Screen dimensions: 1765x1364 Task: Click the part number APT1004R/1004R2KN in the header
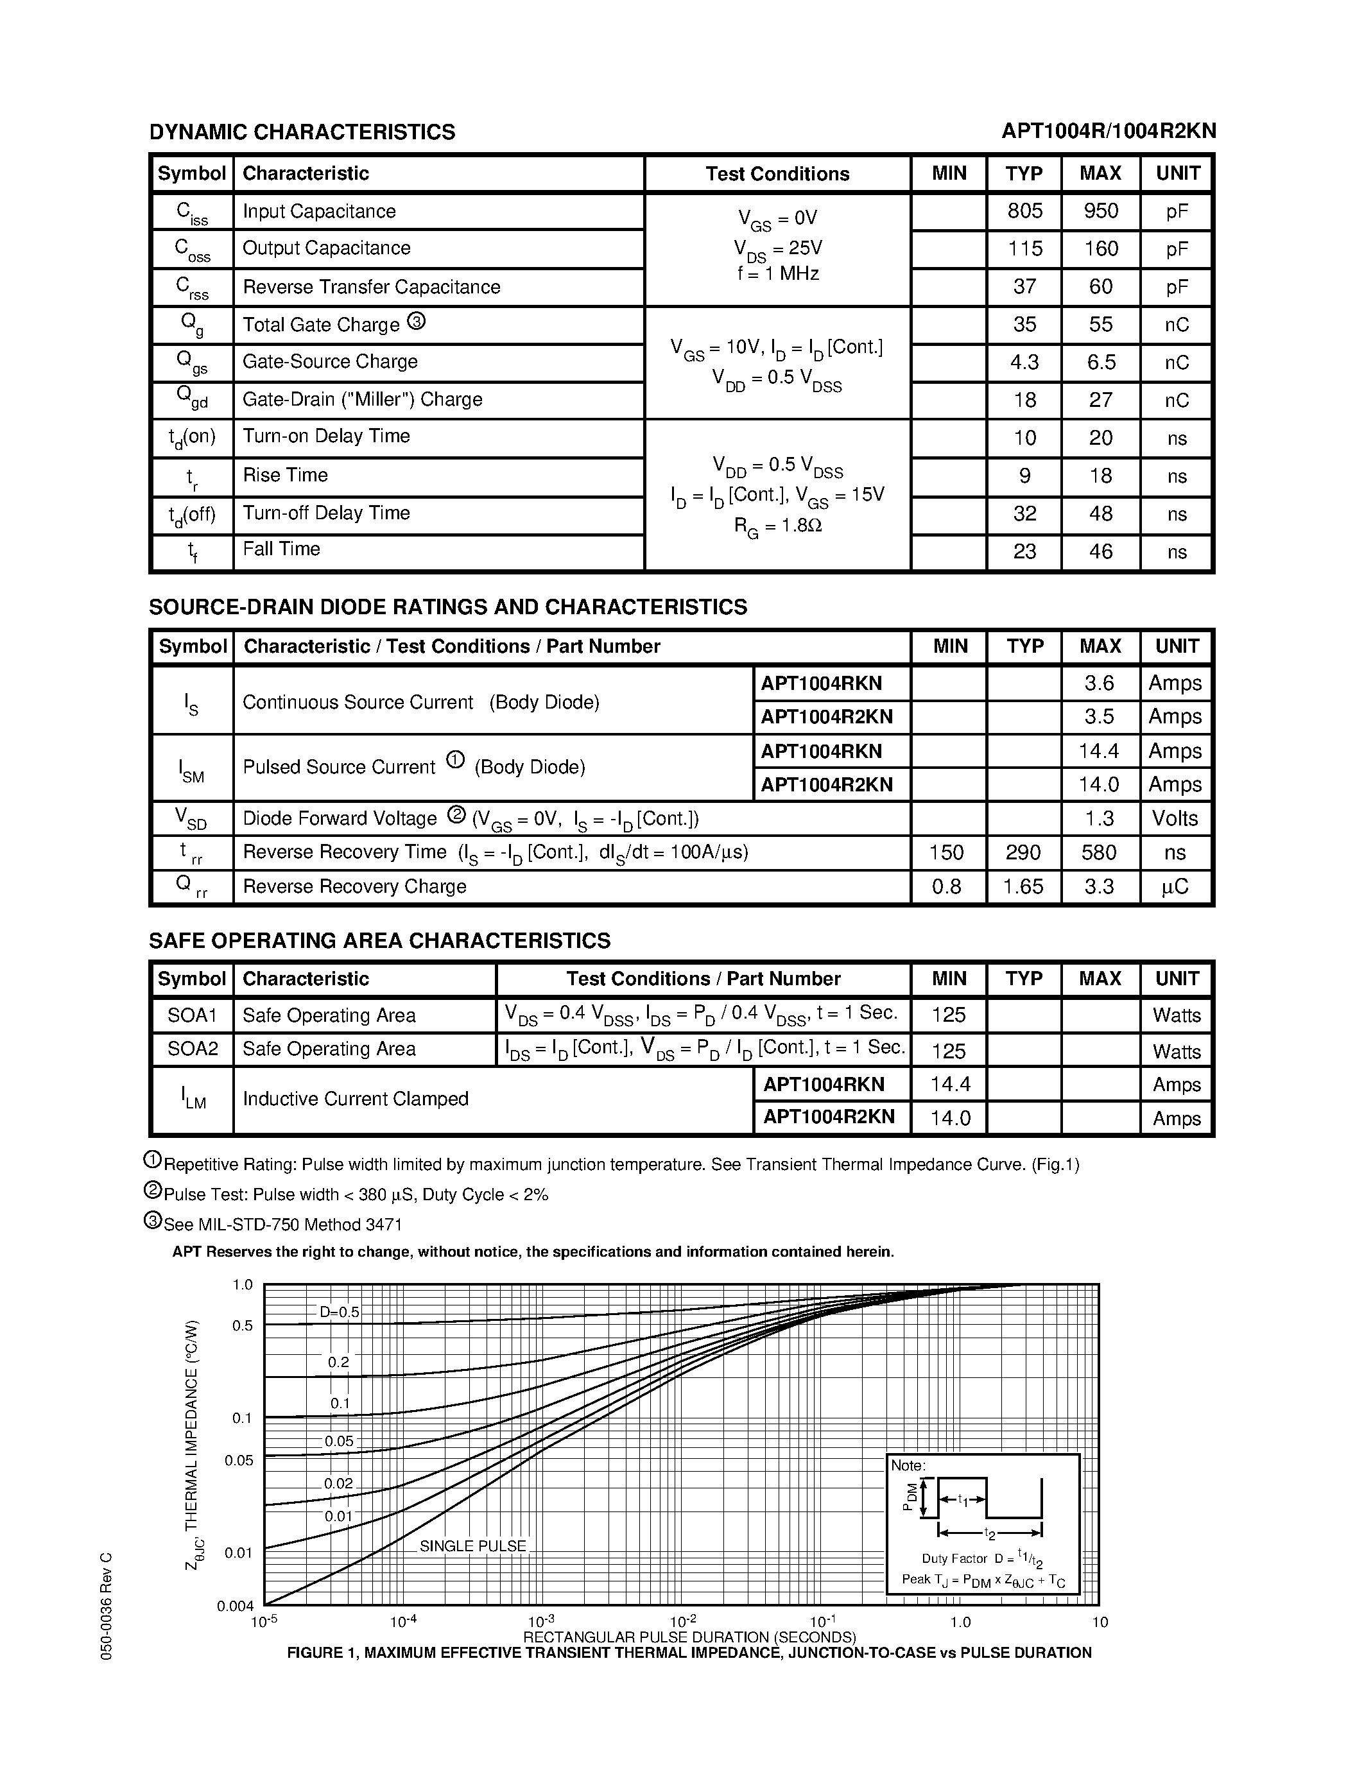pyautogui.click(x=1108, y=132)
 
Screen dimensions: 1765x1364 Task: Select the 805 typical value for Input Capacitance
pyautogui.click(x=1024, y=211)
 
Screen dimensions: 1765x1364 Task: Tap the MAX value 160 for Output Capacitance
pyautogui.click(x=1101, y=249)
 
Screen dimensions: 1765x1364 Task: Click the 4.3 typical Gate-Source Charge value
pyautogui.click(x=1024, y=362)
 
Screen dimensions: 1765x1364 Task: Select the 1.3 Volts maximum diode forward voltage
pyautogui.click(x=1099, y=819)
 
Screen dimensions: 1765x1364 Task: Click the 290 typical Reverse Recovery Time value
pyautogui.click(x=1024, y=852)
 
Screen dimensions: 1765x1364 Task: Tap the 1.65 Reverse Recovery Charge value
pyautogui.click(x=1024, y=886)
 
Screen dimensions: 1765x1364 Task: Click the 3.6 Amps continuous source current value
pyautogui.click(x=1099, y=684)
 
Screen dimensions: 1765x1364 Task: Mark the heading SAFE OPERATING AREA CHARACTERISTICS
pyautogui.click(x=380, y=941)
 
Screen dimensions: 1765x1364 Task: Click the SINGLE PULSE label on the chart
pyautogui.click(x=472, y=1546)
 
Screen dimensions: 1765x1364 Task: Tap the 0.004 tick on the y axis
pyautogui.click(x=235, y=1606)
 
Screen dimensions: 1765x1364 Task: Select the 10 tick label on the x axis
pyautogui.click(x=1100, y=1622)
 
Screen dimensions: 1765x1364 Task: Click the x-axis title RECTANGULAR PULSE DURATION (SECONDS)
pyautogui.click(x=689, y=1637)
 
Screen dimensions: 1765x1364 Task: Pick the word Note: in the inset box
pyautogui.click(x=908, y=1465)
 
